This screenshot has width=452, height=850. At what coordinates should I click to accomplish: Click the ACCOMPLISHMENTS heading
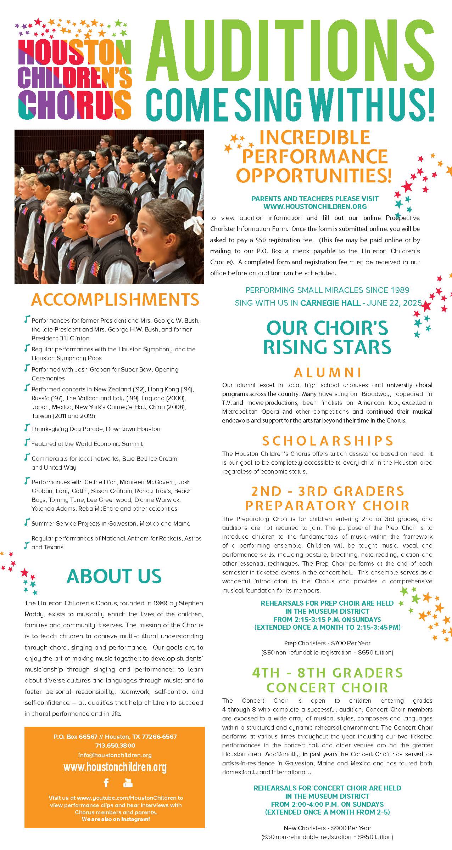[115, 300]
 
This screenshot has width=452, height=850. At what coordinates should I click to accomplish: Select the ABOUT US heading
[114, 576]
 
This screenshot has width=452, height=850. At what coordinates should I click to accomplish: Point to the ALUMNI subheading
[328, 372]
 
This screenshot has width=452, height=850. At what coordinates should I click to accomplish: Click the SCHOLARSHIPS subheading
[328, 441]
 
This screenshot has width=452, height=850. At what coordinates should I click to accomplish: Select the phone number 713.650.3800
[115, 745]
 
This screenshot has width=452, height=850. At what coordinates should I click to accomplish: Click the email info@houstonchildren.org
[115, 755]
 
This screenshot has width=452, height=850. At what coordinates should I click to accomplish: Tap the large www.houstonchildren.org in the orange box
[115, 767]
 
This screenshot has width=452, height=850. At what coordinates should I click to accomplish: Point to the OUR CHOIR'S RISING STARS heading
[327, 337]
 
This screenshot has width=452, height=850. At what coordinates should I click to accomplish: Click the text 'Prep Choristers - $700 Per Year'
[327, 643]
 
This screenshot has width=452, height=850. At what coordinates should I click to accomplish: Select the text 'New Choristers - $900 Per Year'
[327, 828]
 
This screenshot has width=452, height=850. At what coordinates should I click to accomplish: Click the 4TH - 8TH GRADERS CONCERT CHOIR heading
[327, 680]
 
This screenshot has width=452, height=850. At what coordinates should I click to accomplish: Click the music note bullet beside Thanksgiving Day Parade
[26, 428]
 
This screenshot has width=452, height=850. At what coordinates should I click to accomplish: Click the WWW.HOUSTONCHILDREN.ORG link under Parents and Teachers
[315, 206]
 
